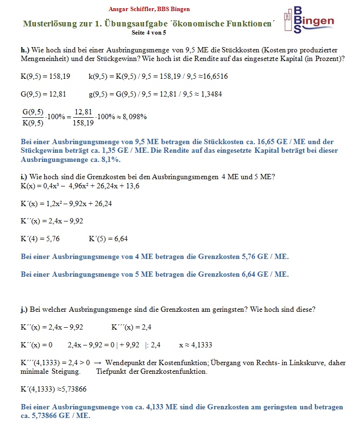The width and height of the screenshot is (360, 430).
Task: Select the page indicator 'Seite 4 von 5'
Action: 149,33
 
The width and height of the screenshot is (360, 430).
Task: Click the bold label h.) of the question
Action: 25,50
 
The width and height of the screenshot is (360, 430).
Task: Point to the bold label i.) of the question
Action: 25,177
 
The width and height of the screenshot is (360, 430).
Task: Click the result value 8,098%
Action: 133,117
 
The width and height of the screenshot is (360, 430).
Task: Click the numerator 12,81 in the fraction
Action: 84,111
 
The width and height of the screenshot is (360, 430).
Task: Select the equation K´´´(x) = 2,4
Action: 132,327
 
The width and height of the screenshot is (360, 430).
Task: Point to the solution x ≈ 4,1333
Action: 196,345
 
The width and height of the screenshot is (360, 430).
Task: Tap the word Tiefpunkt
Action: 112,371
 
